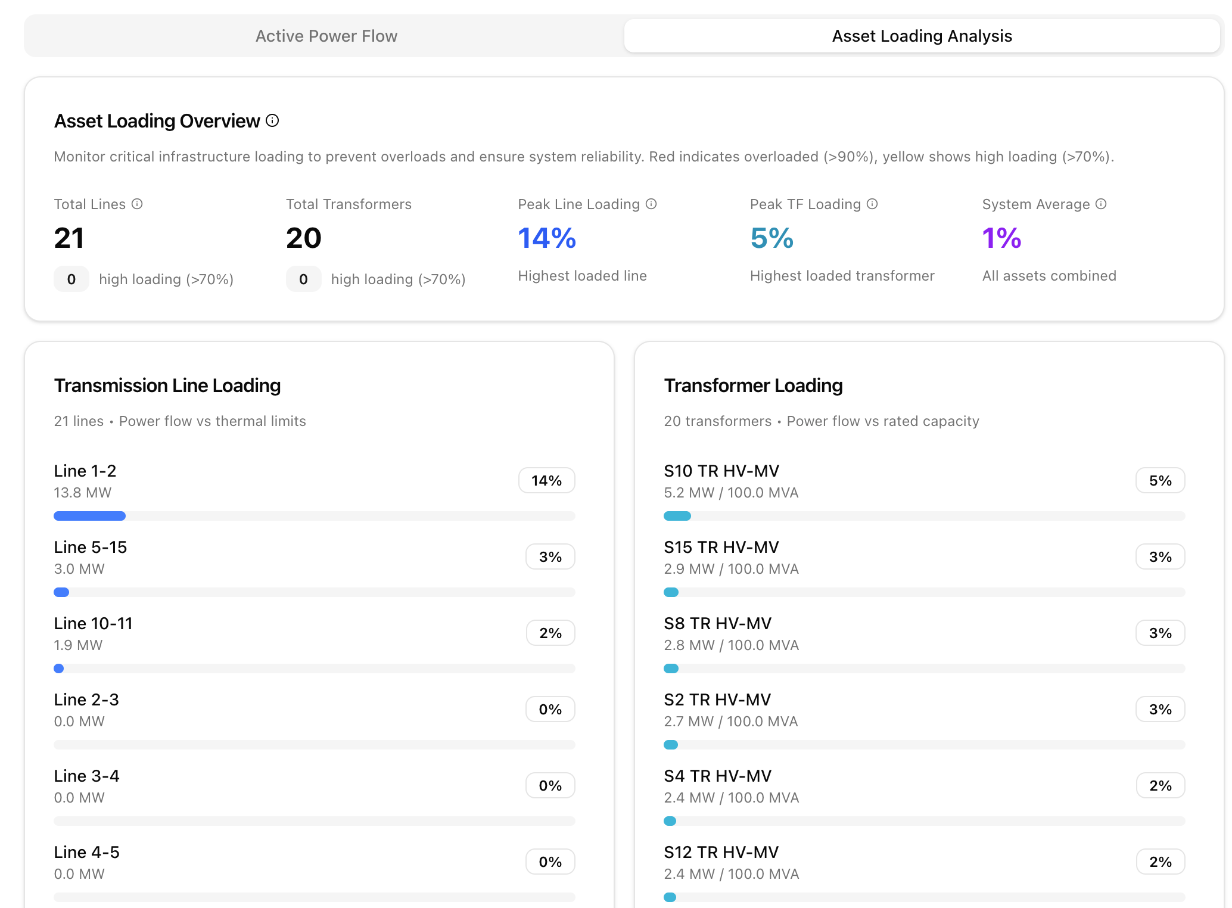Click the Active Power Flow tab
point(326,36)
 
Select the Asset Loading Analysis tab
point(922,36)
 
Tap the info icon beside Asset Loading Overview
point(272,121)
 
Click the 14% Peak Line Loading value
point(547,238)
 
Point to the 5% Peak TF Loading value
point(771,238)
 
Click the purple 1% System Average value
point(1001,238)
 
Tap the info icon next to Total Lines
point(137,204)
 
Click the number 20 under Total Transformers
point(304,238)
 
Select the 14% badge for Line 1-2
point(546,481)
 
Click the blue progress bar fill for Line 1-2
point(89,516)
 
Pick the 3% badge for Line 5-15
point(550,557)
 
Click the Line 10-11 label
point(94,624)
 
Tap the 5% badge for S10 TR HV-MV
point(1160,481)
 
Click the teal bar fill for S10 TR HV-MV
point(677,516)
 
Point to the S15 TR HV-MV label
point(721,548)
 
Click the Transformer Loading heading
point(753,386)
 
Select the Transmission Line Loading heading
point(167,386)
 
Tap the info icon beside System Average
point(1101,204)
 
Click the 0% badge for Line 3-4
point(550,786)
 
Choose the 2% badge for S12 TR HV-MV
point(1160,862)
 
